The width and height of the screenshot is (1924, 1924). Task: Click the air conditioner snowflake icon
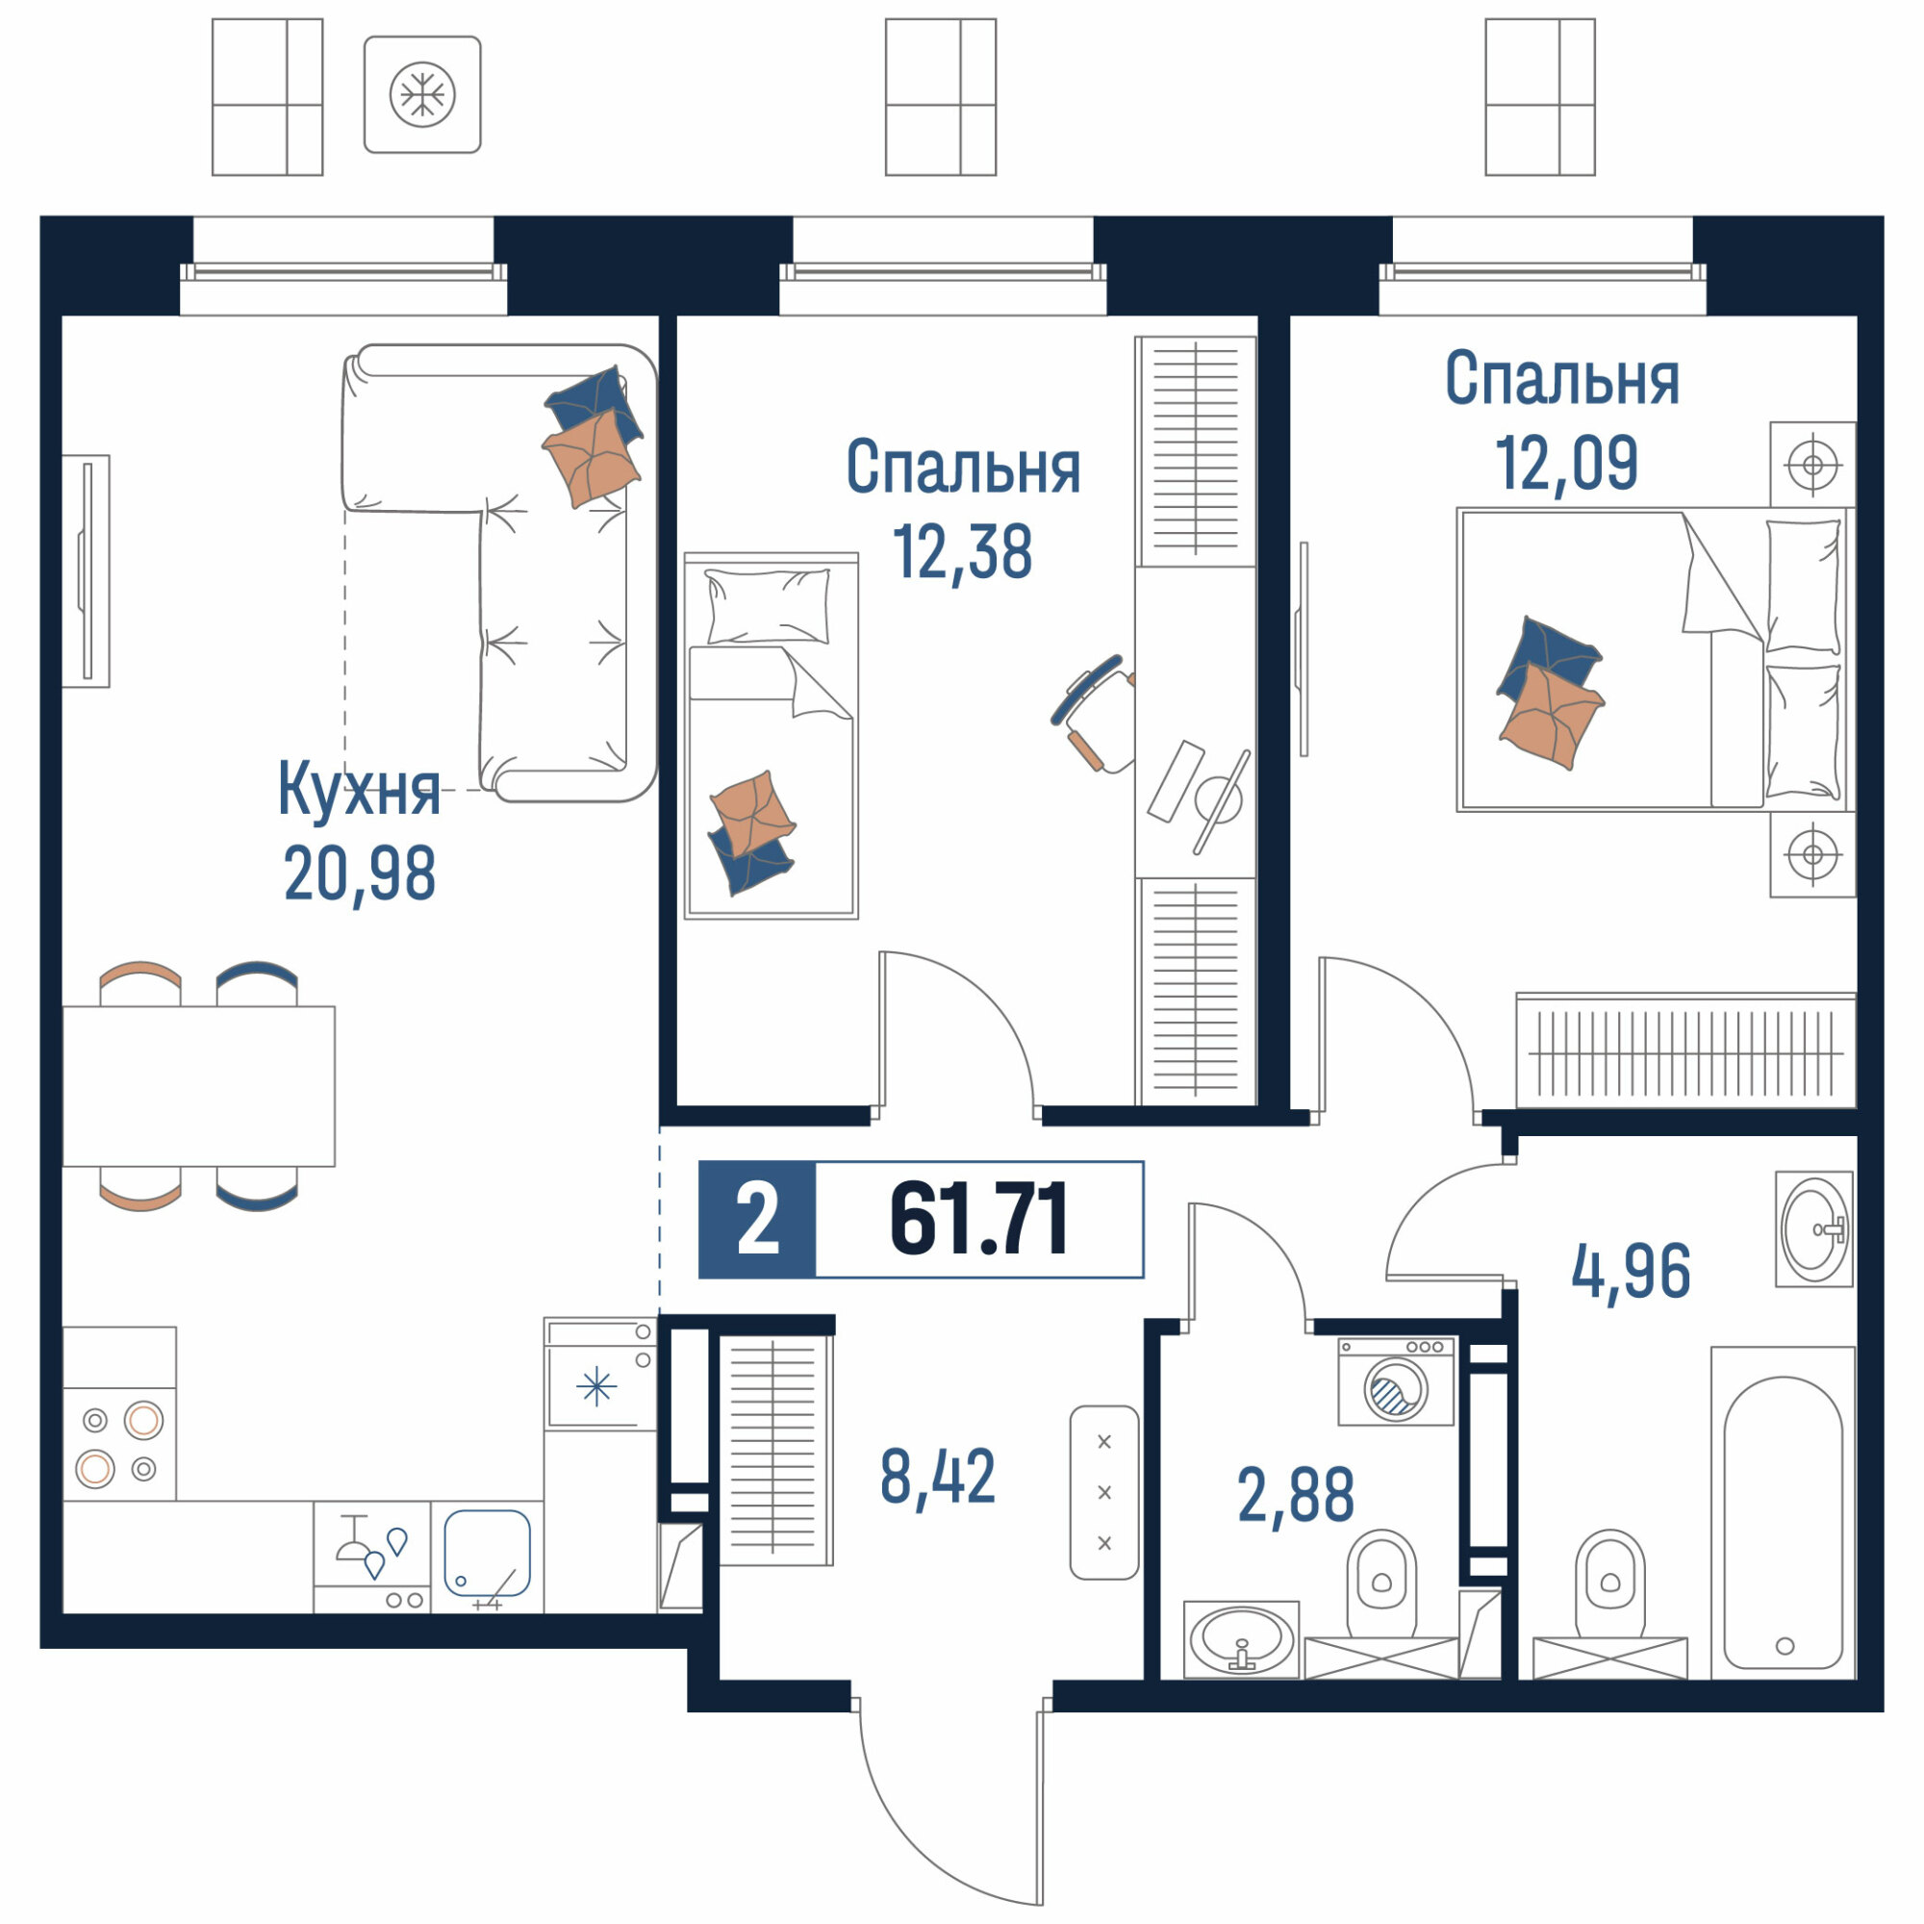click(422, 94)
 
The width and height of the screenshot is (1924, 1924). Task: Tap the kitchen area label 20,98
click(360, 873)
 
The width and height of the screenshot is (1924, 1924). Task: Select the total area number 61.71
click(979, 1219)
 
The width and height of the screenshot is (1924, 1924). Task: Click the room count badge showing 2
click(757, 1220)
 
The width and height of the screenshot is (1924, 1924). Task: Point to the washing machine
click(1396, 1381)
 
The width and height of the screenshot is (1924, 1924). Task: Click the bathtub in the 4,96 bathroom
click(1783, 1523)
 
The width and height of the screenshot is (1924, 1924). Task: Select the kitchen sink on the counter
click(487, 1556)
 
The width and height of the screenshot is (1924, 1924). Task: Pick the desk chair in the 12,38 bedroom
click(1095, 713)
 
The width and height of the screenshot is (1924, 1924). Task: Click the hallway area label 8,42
click(937, 1478)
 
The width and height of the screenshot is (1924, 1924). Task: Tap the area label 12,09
click(1565, 463)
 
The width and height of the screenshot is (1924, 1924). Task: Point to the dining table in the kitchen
click(199, 1085)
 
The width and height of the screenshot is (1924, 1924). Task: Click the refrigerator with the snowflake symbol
click(600, 1375)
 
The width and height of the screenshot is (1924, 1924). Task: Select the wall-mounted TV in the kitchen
click(87, 570)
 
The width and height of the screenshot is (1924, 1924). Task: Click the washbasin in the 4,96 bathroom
click(1814, 1228)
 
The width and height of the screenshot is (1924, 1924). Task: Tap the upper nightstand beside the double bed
click(1812, 464)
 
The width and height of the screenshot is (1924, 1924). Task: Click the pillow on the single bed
click(768, 606)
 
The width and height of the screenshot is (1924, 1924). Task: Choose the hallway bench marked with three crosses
click(1104, 1492)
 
